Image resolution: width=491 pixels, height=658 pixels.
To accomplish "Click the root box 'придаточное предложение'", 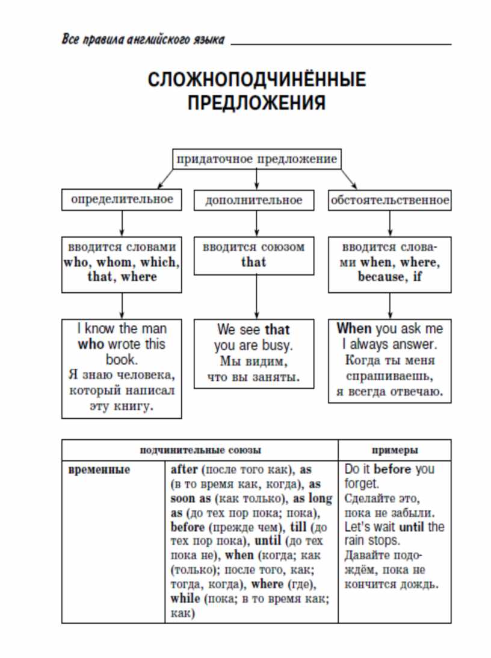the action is point(257,159).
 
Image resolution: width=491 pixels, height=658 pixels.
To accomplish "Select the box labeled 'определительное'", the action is point(122,200).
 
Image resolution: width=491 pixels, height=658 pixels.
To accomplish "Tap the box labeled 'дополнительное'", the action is point(254,200).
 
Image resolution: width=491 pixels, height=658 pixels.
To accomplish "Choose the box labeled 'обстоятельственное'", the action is point(390,200).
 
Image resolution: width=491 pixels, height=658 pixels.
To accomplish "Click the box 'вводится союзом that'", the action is point(254,255).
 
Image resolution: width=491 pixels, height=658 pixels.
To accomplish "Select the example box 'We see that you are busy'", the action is point(254,354).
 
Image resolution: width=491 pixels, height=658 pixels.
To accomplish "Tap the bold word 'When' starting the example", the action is point(354,328).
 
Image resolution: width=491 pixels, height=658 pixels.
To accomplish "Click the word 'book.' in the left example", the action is point(122,360).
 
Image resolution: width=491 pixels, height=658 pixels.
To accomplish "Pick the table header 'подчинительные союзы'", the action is point(200,450).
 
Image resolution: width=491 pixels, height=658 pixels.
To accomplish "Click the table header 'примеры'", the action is point(395,450).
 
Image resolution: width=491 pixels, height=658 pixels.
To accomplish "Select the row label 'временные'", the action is point(99,469).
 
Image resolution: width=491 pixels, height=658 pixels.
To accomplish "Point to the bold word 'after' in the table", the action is point(184,469).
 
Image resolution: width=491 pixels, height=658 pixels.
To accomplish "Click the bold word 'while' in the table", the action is point(185,598).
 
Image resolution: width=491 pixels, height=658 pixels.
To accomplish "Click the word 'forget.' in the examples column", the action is point(362,483).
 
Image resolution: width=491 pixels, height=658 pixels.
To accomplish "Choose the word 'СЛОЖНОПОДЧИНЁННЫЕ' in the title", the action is point(257,80).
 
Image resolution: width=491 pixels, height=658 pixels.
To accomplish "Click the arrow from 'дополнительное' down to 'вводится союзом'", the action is point(256,224).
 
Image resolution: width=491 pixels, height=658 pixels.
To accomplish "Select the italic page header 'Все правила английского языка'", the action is point(143,39).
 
